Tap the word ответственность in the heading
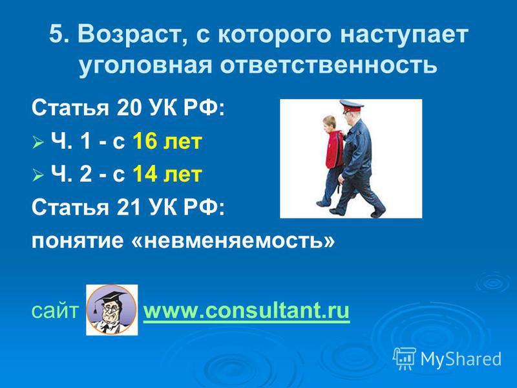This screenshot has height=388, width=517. [x=328, y=65]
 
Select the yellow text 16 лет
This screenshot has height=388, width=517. [x=167, y=141]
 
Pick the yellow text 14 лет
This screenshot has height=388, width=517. [x=167, y=174]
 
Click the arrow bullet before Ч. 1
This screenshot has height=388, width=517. [x=38, y=143]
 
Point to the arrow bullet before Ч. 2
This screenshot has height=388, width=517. [x=38, y=175]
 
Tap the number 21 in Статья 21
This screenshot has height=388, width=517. [x=128, y=207]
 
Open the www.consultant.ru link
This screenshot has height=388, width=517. [x=246, y=311]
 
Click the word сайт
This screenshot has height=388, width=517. [x=55, y=311]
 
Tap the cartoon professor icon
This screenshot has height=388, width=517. [x=112, y=310]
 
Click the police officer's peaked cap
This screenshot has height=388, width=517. [x=351, y=106]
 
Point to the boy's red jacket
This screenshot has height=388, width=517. [x=334, y=149]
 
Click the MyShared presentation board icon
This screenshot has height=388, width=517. [x=405, y=358]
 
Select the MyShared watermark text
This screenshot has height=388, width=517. [x=461, y=359]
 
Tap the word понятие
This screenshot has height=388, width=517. [x=77, y=241]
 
